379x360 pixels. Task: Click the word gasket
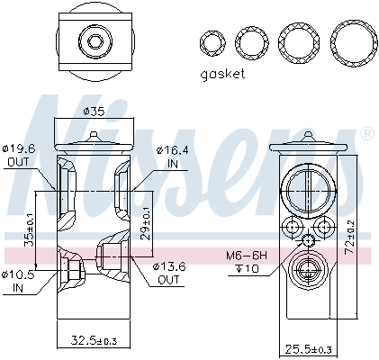click(x=220, y=74)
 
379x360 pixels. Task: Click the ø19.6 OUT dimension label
click(x=18, y=156)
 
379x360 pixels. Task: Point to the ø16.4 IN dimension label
click(x=171, y=156)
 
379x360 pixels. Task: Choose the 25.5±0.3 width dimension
click(x=308, y=348)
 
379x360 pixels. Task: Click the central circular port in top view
click(x=94, y=40)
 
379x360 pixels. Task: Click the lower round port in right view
click(x=307, y=270)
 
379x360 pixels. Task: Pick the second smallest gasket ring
click(x=249, y=41)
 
